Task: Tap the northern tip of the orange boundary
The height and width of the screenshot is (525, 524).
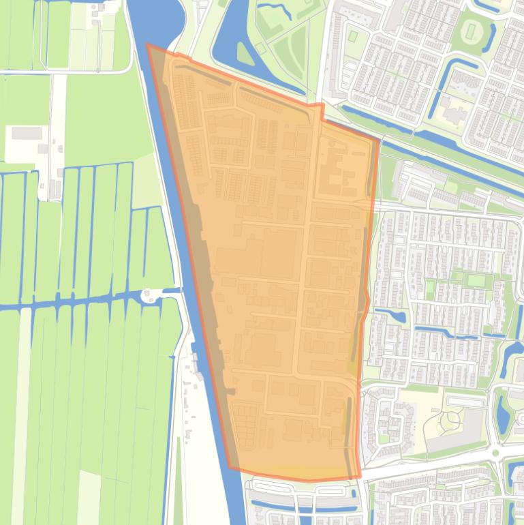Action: click(x=148, y=45)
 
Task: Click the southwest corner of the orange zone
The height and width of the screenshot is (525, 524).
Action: click(x=229, y=469)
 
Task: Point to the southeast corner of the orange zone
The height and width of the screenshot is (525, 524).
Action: click(x=359, y=478)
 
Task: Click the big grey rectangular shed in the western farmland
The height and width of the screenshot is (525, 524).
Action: click(x=26, y=132)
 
